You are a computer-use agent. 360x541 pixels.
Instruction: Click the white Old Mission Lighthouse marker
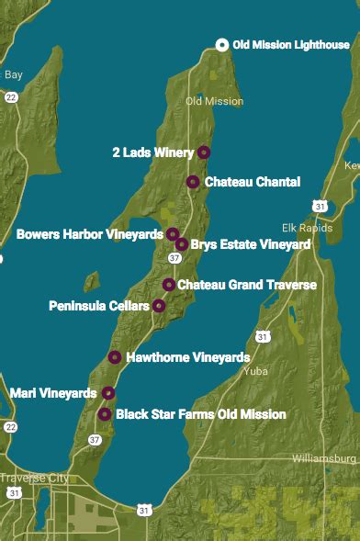click(221, 45)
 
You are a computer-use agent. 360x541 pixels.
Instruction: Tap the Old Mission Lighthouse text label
click(291, 45)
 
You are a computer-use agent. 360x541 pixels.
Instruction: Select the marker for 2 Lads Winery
click(204, 152)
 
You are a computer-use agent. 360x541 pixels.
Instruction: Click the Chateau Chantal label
click(252, 182)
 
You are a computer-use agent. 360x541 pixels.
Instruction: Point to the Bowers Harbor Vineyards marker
click(173, 234)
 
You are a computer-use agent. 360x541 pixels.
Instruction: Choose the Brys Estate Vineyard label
click(250, 244)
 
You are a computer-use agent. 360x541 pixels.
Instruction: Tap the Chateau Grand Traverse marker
click(169, 285)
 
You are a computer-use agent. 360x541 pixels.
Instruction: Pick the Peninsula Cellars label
click(98, 305)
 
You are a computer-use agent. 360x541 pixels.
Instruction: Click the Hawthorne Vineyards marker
click(115, 357)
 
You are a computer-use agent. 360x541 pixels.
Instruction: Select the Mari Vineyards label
click(52, 393)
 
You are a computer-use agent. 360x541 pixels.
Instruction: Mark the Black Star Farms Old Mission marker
click(105, 414)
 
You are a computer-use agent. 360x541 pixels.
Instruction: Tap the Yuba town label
click(256, 372)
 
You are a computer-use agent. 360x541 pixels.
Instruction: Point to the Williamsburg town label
click(323, 457)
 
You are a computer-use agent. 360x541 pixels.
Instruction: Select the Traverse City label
click(34, 479)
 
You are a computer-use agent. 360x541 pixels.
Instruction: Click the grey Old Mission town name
click(214, 101)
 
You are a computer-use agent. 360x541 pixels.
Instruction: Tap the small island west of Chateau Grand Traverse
click(91, 280)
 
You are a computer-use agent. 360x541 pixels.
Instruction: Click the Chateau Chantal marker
click(193, 182)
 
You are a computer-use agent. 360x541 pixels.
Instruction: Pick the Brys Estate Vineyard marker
click(182, 244)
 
